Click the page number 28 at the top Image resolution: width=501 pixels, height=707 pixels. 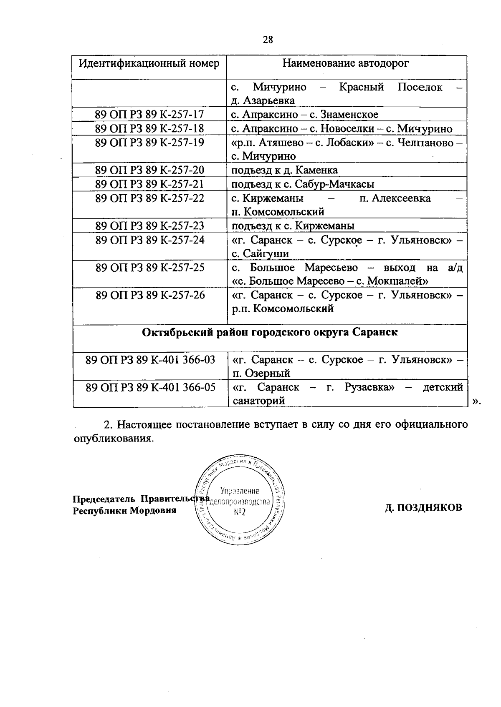[268, 40]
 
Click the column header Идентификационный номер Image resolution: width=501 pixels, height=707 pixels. [149, 63]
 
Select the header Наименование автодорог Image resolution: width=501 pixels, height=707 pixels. [346, 63]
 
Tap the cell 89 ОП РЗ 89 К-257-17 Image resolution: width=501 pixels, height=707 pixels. [149, 115]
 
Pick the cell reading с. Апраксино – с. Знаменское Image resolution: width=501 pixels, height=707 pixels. [305, 115]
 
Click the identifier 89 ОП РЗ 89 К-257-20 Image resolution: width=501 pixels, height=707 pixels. [149, 170]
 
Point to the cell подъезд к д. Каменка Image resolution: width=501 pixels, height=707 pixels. [285, 170]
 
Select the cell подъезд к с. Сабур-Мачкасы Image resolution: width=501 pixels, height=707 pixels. [303, 184]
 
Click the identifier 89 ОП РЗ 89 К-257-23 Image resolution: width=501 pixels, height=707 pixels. [149, 226]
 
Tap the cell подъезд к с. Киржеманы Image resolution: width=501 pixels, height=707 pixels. [293, 226]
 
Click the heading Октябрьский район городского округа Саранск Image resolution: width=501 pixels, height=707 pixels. [270, 332]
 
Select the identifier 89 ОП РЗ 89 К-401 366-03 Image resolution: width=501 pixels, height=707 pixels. [150, 359]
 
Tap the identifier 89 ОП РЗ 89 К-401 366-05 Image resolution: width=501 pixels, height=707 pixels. [150, 387]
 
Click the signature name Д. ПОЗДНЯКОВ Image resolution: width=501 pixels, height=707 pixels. [423, 508]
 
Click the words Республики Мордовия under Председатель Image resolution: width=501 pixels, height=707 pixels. [124, 511]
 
